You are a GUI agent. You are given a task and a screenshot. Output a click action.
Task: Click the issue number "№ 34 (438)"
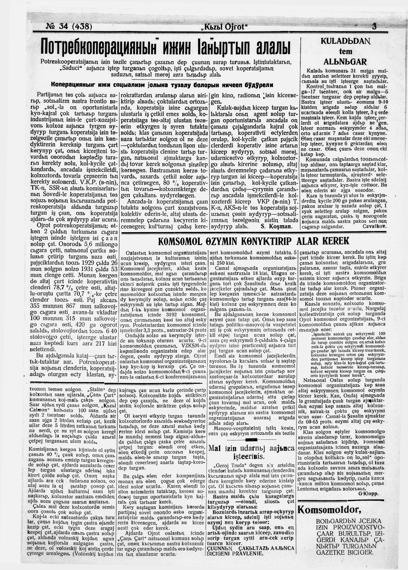[69, 26]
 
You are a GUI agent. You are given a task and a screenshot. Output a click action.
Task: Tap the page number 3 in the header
[374, 26]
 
